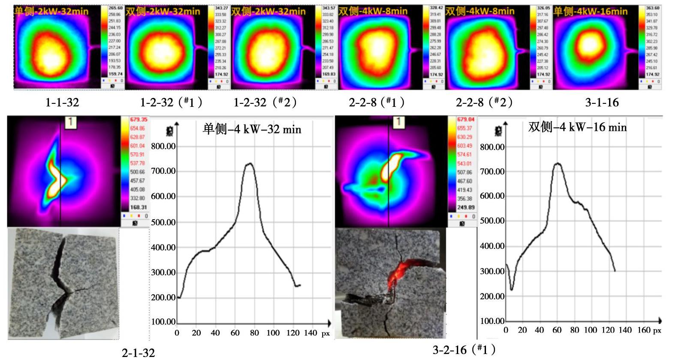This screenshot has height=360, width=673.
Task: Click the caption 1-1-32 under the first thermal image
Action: coord(62,103)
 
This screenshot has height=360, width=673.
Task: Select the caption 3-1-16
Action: coord(602,103)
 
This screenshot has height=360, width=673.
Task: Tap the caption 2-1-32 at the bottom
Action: coord(138,353)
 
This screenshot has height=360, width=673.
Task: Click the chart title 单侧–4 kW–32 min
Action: coord(252,129)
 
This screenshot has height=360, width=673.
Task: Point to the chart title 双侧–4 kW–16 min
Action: coord(577,127)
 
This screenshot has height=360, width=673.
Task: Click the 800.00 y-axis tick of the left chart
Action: coord(163,146)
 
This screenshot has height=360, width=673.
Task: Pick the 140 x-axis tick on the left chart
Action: coord(310,333)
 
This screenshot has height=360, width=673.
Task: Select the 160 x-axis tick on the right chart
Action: coord(643,330)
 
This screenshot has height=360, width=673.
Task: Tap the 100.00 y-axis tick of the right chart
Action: coord(492,321)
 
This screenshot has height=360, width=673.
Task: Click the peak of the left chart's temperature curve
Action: coord(249,163)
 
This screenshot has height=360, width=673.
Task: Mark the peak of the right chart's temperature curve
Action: coord(557,163)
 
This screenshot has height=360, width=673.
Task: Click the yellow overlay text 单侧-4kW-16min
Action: coord(590,11)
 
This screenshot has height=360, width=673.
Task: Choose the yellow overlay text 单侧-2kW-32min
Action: coord(51,11)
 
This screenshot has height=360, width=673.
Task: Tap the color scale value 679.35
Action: coord(138,120)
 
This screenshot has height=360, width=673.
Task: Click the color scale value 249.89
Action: coord(465,207)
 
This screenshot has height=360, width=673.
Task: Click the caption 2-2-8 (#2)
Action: coord(484,103)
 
